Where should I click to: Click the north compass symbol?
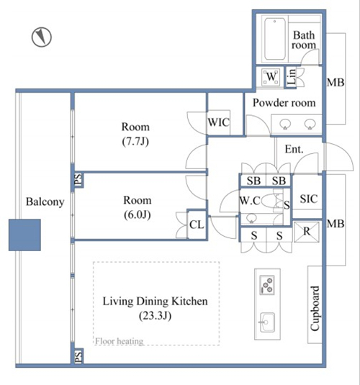point(42,37)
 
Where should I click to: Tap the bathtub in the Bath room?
point(275,39)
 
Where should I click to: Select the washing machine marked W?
point(271,76)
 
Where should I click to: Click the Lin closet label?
point(292,76)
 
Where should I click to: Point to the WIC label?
point(219,122)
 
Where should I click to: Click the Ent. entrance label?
point(294,149)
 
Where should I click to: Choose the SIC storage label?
point(309,199)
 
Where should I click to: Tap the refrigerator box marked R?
point(307,232)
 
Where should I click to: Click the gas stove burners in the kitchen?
point(267,285)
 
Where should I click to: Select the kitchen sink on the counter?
point(267,322)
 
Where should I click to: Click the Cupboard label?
point(315,309)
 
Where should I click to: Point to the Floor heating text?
point(120,341)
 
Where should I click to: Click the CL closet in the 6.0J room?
point(197,225)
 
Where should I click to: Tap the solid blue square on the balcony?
point(24,235)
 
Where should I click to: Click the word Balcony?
point(45,201)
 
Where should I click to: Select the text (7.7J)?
point(135,142)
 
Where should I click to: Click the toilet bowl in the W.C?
point(269,201)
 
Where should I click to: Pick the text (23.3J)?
point(155,316)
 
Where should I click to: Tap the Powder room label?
point(284,103)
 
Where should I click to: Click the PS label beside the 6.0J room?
point(78,180)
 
